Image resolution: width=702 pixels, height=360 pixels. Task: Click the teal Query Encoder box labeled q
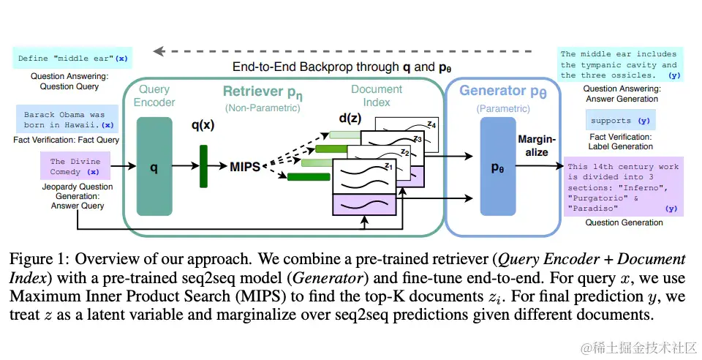tap(154, 168)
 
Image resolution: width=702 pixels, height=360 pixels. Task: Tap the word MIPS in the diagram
tap(244, 168)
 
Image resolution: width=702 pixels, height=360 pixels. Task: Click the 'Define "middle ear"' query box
tap(72, 58)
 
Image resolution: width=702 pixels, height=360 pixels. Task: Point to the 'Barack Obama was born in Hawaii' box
tap(64, 120)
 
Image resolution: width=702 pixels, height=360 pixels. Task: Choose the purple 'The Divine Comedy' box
tap(75, 166)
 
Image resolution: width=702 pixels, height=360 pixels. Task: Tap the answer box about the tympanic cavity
tap(619, 64)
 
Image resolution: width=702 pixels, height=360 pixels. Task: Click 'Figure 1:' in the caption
tap(37, 260)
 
